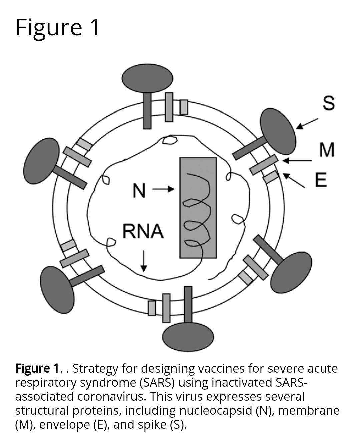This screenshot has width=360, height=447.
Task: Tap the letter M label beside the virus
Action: click(x=327, y=150)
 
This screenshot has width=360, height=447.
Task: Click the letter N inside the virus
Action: click(x=139, y=191)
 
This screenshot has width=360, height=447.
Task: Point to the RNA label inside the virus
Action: click(x=143, y=231)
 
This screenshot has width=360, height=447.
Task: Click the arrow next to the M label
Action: click(x=297, y=161)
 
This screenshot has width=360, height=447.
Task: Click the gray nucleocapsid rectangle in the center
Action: click(x=198, y=208)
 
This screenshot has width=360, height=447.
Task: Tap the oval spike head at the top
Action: click(x=147, y=78)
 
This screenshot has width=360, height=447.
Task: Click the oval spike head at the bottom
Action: click(x=188, y=337)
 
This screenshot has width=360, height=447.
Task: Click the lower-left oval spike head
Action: click(x=57, y=289)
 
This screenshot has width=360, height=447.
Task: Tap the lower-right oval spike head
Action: click(x=291, y=272)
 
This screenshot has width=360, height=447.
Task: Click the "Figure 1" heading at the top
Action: click(x=58, y=27)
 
